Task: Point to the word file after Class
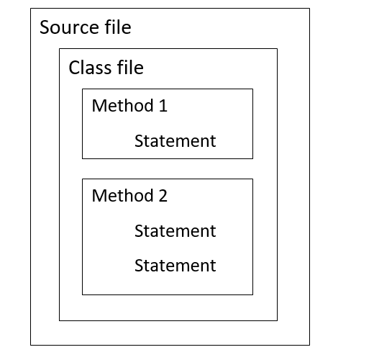(x=130, y=68)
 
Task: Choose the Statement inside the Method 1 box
(x=175, y=140)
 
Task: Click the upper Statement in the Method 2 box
(x=175, y=231)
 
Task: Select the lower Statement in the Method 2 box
(x=175, y=266)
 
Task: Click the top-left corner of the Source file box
(x=31, y=9)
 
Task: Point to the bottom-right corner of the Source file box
(x=309, y=345)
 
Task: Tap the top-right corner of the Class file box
(x=277, y=49)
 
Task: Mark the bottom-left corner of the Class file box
(x=59, y=320)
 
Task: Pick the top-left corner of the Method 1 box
(x=83, y=89)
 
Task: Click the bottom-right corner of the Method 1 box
(x=252, y=158)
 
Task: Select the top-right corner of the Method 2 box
(x=252, y=179)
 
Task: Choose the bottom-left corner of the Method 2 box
(x=83, y=294)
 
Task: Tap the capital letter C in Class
(x=74, y=68)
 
